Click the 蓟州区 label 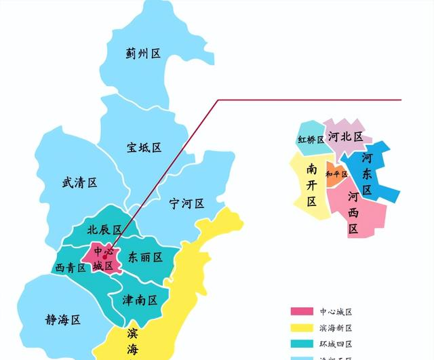pos(143,54)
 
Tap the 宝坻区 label pos(144,147)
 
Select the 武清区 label pos(79,182)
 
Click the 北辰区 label pos(104,230)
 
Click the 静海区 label pos(63,319)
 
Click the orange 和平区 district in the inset pos(336,174)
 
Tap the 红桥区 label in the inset pos(311,140)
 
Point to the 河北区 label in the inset pos(345,136)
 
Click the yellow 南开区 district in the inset pos(311,184)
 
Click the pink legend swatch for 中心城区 pos(302,312)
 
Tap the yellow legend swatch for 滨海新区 pos(302,328)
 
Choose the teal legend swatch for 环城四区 pos(302,344)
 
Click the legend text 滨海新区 pos(336,328)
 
